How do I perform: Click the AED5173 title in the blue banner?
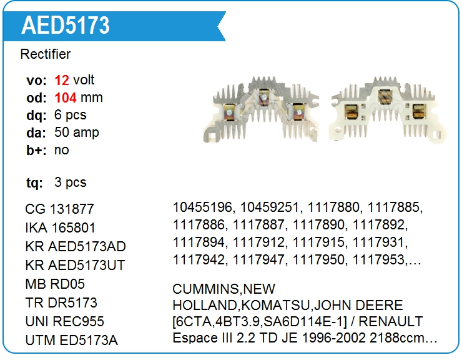click(x=66, y=25)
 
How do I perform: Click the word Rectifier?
click(x=46, y=54)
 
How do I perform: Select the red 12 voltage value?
click(x=62, y=80)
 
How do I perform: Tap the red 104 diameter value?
click(x=66, y=97)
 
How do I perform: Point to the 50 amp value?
click(x=77, y=132)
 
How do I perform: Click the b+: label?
click(x=36, y=150)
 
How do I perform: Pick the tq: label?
click(x=34, y=182)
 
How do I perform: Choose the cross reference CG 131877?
click(x=59, y=209)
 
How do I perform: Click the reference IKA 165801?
click(x=61, y=227)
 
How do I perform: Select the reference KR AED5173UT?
click(x=76, y=265)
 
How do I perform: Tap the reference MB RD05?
click(x=55, y=284)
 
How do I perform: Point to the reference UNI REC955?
click(x=65, y=321)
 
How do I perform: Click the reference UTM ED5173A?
click(x=72, y=340)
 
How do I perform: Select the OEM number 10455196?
click(x=202, y=207)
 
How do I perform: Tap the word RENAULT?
click(x=391, y=321)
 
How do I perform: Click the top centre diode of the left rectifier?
click(x=263, y=97)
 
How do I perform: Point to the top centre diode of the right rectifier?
click(x=385, y=96)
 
